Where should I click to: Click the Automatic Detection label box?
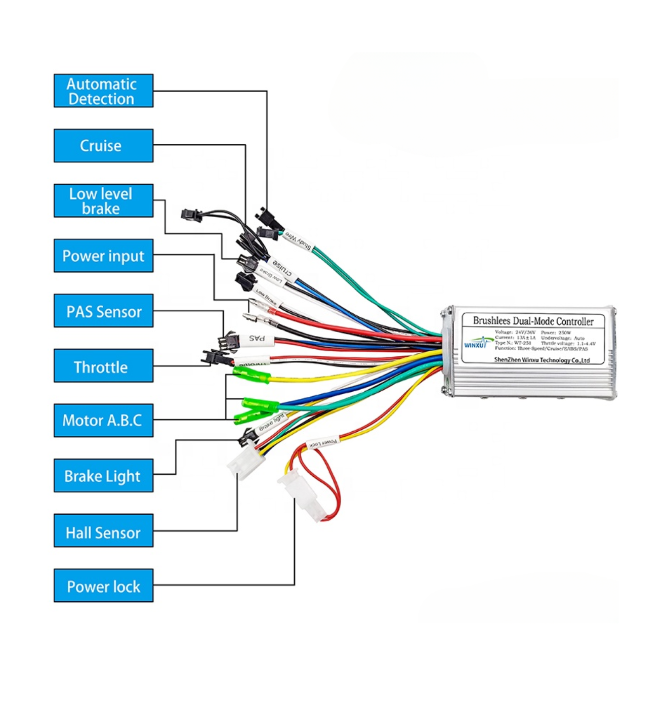click(x=103, y=91)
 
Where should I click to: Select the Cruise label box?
click(x=103, y=146)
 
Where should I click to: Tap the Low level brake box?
click(x=103, y=201)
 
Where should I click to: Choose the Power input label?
click(x=103, y=256)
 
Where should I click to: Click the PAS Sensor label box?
click(x=103, y=311)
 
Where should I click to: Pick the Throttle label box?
click(x=103, y=366)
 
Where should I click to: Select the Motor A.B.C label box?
click(x=103, y=421)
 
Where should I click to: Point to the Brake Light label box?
click(x=103, y=476)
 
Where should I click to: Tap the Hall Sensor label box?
click(x=103, y=531)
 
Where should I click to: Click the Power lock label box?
click(x=103, y=586)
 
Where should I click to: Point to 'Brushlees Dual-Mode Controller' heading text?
click(x=533, y=321)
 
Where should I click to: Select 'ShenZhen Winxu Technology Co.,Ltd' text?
click(x=542, y=360)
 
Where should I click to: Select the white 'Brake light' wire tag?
click(x=272, y=423)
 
